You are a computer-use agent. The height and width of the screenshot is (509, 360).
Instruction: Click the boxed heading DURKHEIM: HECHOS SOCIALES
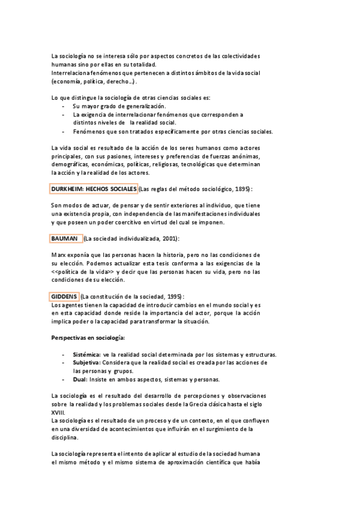pos(94,189)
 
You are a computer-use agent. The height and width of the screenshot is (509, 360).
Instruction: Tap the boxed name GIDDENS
pos(64,296)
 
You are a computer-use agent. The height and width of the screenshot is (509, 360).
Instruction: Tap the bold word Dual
pos(79,379)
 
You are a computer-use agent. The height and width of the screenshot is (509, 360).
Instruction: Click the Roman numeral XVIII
pos(59,412)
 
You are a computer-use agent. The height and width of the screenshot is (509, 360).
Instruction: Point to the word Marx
pos(58,254)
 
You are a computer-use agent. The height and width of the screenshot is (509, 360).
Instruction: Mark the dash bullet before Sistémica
pos(64,355)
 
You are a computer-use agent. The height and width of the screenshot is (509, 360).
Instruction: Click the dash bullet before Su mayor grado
pos(64,106)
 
